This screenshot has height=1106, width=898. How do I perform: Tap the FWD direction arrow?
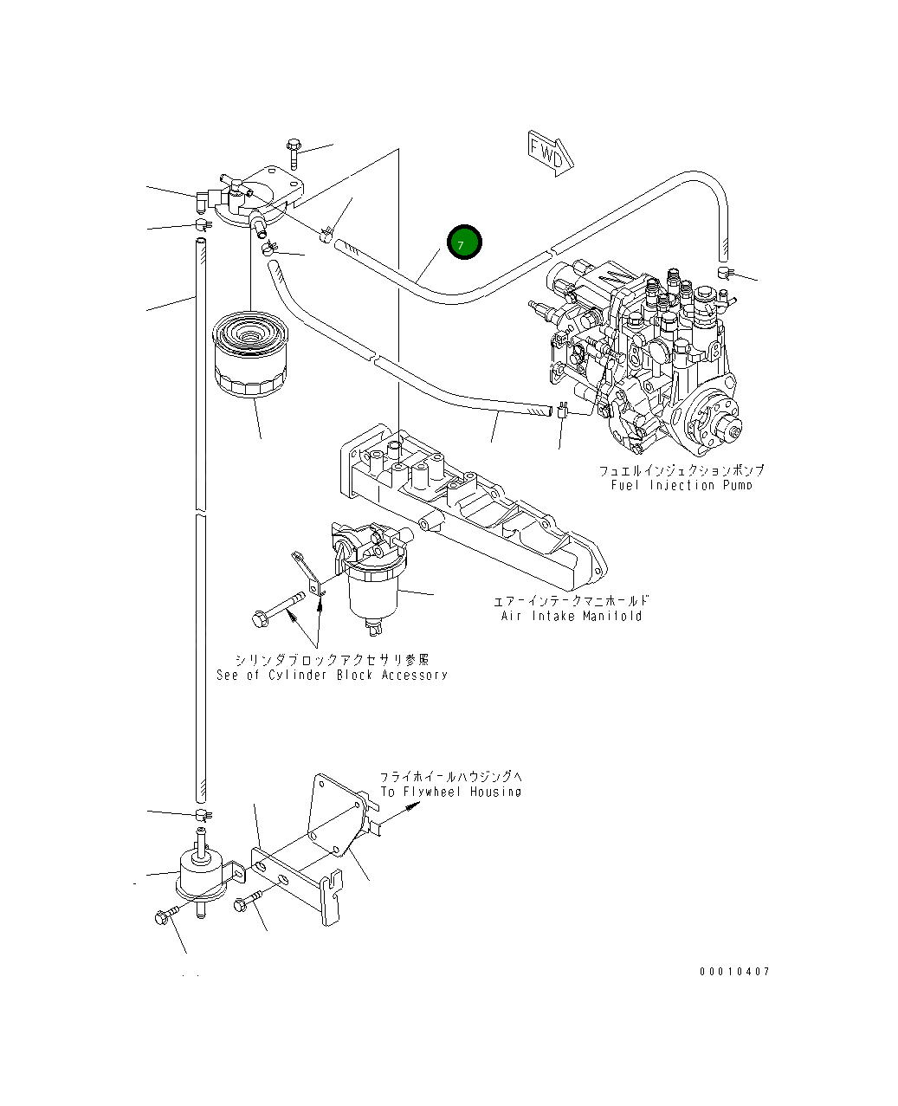[547, 154]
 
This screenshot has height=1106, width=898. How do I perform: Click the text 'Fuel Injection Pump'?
[681, 485]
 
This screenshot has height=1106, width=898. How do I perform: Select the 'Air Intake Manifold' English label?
[572, 616]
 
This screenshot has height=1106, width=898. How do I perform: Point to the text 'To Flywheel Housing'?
[450, 792]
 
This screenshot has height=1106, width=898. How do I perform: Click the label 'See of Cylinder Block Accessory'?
[332, 675]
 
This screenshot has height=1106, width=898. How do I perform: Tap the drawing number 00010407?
[734, 971]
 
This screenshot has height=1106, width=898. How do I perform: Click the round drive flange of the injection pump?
[715, 422]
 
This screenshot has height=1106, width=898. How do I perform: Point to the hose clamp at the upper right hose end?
[725, 274]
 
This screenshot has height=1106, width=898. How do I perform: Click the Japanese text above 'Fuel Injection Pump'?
[681, 470]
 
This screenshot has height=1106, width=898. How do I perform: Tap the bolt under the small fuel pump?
[166, 914]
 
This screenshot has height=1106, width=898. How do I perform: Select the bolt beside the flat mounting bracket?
[247, 902]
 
